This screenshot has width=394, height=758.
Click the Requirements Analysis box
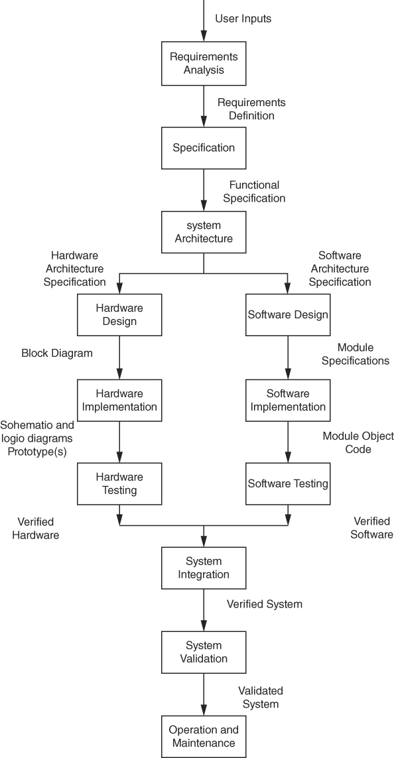[204, 63]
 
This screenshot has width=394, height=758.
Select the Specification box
[204, 148]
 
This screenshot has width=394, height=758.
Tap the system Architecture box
[204, 232]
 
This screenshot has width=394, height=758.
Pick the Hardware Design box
[119, 315]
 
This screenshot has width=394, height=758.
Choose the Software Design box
[288, 315]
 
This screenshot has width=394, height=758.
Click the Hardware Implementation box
[119, 401]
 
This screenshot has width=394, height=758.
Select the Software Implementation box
[288, 401]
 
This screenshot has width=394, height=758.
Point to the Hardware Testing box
[119, 484]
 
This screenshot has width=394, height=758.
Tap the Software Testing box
[288, 484]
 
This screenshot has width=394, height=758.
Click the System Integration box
[204, 568]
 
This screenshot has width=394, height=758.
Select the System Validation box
[204, 652]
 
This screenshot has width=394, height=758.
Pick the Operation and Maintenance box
[204, 737]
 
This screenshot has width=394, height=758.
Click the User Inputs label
[243, 19]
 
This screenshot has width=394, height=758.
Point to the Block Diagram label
[57, 353]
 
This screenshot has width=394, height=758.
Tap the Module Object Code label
[358, 443]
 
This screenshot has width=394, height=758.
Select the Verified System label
[265, 604]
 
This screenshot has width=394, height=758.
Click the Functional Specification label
[254, 192]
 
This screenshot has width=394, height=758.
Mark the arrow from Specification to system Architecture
[204, 190]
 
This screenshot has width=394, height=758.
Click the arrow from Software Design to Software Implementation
[288, 357]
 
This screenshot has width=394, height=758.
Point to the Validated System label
[261, 698]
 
